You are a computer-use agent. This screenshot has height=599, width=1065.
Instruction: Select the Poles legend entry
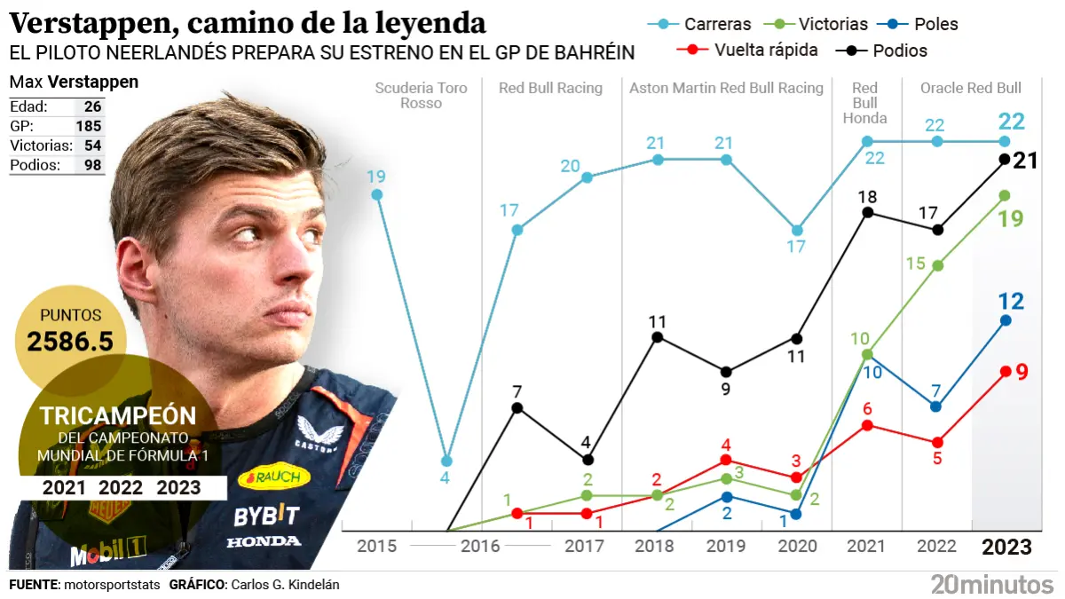pyautogui.click(x=915, y=24)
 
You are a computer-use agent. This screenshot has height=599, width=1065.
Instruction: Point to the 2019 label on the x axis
pyautogui.click(x=727, y=546)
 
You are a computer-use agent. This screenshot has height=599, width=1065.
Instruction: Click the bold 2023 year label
pyautogui.click(x=1006, y=547)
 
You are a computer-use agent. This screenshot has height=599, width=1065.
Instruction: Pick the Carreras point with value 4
pyautogui.click(x=446, y=461)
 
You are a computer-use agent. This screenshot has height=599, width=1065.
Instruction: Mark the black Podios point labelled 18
pyautogui.click(x=867, y=212)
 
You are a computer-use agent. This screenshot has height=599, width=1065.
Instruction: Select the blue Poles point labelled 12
pyautogui.click(x=1005, y=320)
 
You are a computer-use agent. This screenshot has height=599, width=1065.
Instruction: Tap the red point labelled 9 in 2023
pyautogui.click(x=1005, y=372)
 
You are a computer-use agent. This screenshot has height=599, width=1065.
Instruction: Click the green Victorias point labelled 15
pyautogui.click(x=937, y=265)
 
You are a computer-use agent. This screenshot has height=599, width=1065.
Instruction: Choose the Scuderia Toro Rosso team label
pyautogui.click(x=408, y=95)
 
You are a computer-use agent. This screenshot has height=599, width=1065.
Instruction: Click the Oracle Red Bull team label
pyautogui.click(x=971, y=88)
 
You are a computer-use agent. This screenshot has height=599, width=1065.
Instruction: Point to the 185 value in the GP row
pyautogui.click(x=89, y=126)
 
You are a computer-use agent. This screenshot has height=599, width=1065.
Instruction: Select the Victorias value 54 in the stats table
pyautogui.click(x=92, y=146)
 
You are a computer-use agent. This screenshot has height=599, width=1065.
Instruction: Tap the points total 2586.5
pyautogui.click(x=71, y=342)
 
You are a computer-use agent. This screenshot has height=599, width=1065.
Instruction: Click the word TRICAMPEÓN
pyautogui.click(x=118, y=416)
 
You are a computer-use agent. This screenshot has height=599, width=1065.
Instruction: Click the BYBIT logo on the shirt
pyautogui.click(x=266, y=515)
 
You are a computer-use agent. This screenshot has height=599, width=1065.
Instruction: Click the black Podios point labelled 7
pyautogui.click(x=517, y=408)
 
